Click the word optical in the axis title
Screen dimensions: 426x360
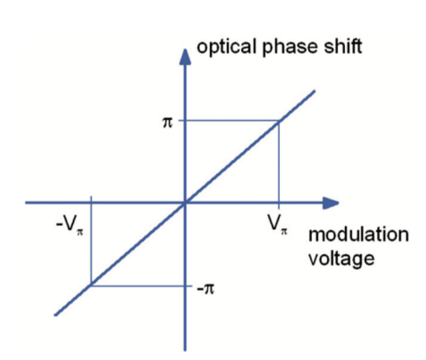click(x=226, y=47)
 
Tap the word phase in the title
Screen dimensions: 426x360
click(x=290, y=47)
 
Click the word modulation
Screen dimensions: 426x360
click(x=359, y=234)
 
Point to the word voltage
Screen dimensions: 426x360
click(x=342, y=259)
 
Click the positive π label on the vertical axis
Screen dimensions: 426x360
click(x=167, y=123)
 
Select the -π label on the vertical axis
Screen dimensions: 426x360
click(x=205, y=289)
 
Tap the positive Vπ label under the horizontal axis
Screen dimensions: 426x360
click(x=277, y=224)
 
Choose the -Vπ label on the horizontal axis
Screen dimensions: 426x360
click(x=70, y=225)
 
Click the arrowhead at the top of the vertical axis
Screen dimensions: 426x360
click(x=185, y=57)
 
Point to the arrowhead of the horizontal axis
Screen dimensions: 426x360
click(x=331, y=203)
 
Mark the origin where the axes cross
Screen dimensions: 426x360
click(x=185, y=203)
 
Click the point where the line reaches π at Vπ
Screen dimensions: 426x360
click(x=279, y=121)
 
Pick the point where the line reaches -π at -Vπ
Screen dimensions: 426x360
click(x=92, y=286)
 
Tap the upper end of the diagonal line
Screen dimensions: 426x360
click(x=314, y=91)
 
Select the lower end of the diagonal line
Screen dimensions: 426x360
click(x=55, y=315)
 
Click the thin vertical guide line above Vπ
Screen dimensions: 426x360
click(x=279, y=165)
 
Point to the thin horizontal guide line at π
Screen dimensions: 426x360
click(x=228, y=120)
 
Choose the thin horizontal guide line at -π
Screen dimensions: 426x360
click(x=142, y=286)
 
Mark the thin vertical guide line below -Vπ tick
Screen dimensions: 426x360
click(x=92, y=240)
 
